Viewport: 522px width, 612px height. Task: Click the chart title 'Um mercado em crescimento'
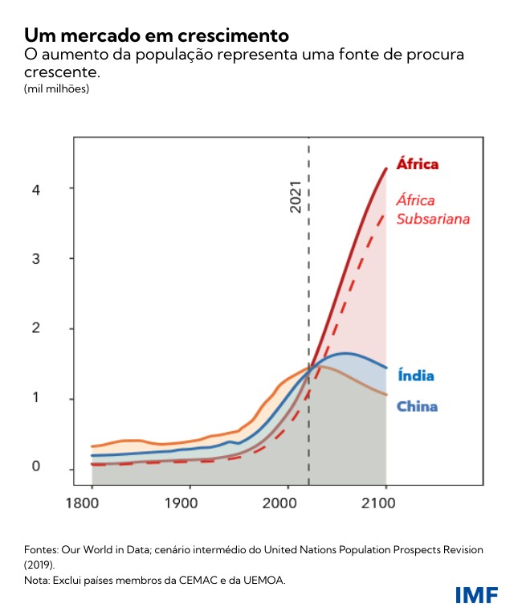[156, 35]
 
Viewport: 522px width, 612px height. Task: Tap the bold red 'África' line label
[418, 164]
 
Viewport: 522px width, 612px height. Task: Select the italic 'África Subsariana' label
[433, 209]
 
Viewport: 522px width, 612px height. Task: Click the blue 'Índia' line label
[415, 376]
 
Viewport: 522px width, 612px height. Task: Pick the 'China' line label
[418, 406]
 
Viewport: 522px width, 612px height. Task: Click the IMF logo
[476, 595]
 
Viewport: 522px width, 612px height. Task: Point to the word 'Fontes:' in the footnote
[41, 549]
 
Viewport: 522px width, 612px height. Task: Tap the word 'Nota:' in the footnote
[38, 579]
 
